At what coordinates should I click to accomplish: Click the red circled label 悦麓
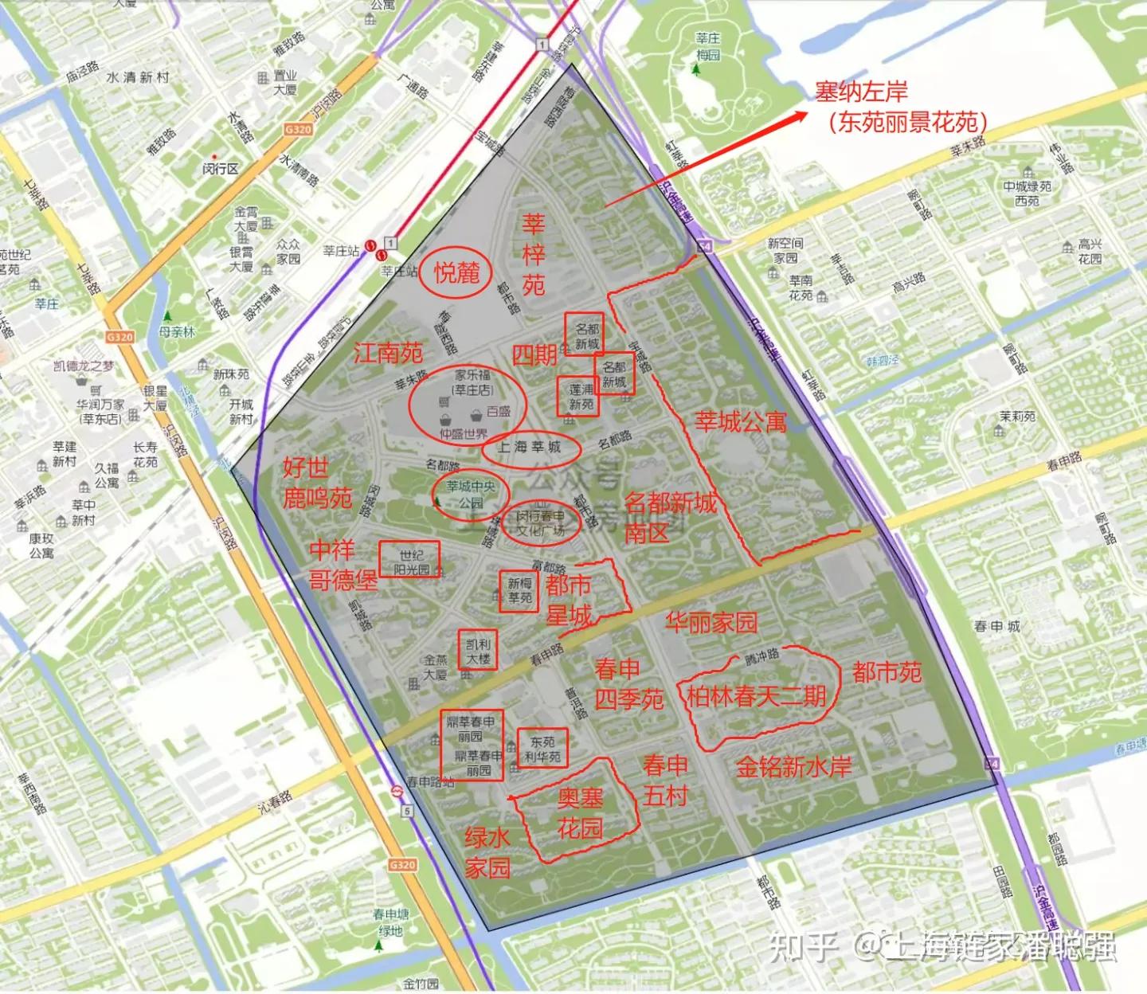pos(456,272)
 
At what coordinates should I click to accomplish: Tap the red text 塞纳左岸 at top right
pos(860,92)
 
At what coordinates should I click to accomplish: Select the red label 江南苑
pos(388,352)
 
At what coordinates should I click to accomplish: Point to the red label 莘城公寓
pos(741,421)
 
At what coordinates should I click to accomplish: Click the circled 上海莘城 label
pos(529,448)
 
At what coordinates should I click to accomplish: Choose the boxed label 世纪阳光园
pos(410,562)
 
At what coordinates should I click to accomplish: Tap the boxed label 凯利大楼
pos(478,651)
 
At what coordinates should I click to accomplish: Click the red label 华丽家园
pos(711,622)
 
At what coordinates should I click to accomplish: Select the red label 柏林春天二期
pos(756,696)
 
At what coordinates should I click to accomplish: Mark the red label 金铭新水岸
pos(793,766)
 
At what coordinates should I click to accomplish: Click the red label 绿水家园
pos(487,852)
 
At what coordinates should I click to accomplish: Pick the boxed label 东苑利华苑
pos(542,749)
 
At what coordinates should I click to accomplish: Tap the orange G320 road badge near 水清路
pos(297,129)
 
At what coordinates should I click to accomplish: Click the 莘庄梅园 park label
pos(707,46)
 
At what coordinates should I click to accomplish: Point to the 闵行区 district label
pos(221,168)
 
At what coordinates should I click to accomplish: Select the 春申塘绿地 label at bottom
pos(390,922)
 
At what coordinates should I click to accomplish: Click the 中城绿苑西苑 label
pos(1027,194)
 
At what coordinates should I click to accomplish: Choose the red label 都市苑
pos(887,673)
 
